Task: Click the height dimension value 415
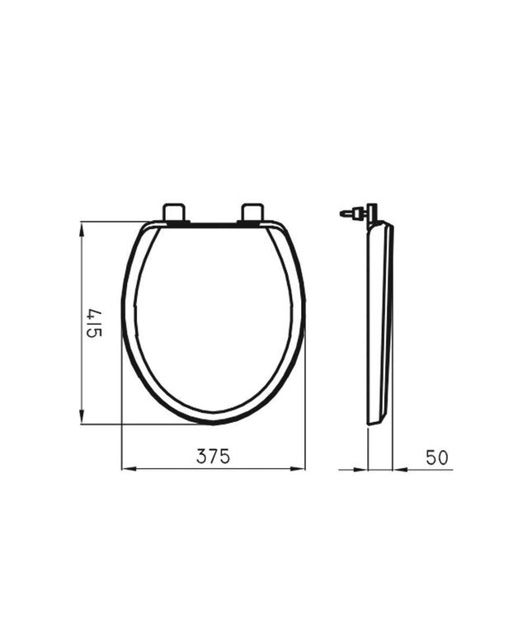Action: tap(93, 324)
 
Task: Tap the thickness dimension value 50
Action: tap(439, 457)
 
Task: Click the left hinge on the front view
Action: tap(175, 213)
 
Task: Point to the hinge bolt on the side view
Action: tap(351, 213)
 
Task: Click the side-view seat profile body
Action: tap(379, 321)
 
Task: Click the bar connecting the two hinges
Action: tap(213, 223)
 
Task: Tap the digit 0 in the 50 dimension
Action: tap(445, 457)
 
